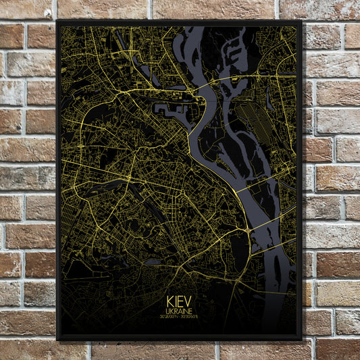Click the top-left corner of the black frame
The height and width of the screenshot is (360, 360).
click(58, 22)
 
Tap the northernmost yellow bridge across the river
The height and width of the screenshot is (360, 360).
click(203, 87)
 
